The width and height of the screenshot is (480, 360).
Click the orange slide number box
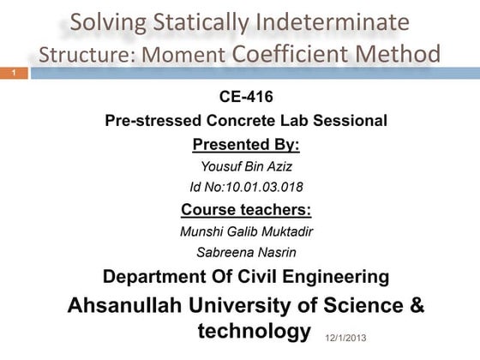pos(14,75)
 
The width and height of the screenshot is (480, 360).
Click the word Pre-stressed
pos(152,121)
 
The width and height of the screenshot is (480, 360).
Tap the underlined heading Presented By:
pos(246,143)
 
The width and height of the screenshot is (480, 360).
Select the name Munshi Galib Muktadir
pos(246,231)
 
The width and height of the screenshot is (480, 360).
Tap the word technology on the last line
pos(254,331)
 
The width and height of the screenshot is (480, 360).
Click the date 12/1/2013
pos(346,339)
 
